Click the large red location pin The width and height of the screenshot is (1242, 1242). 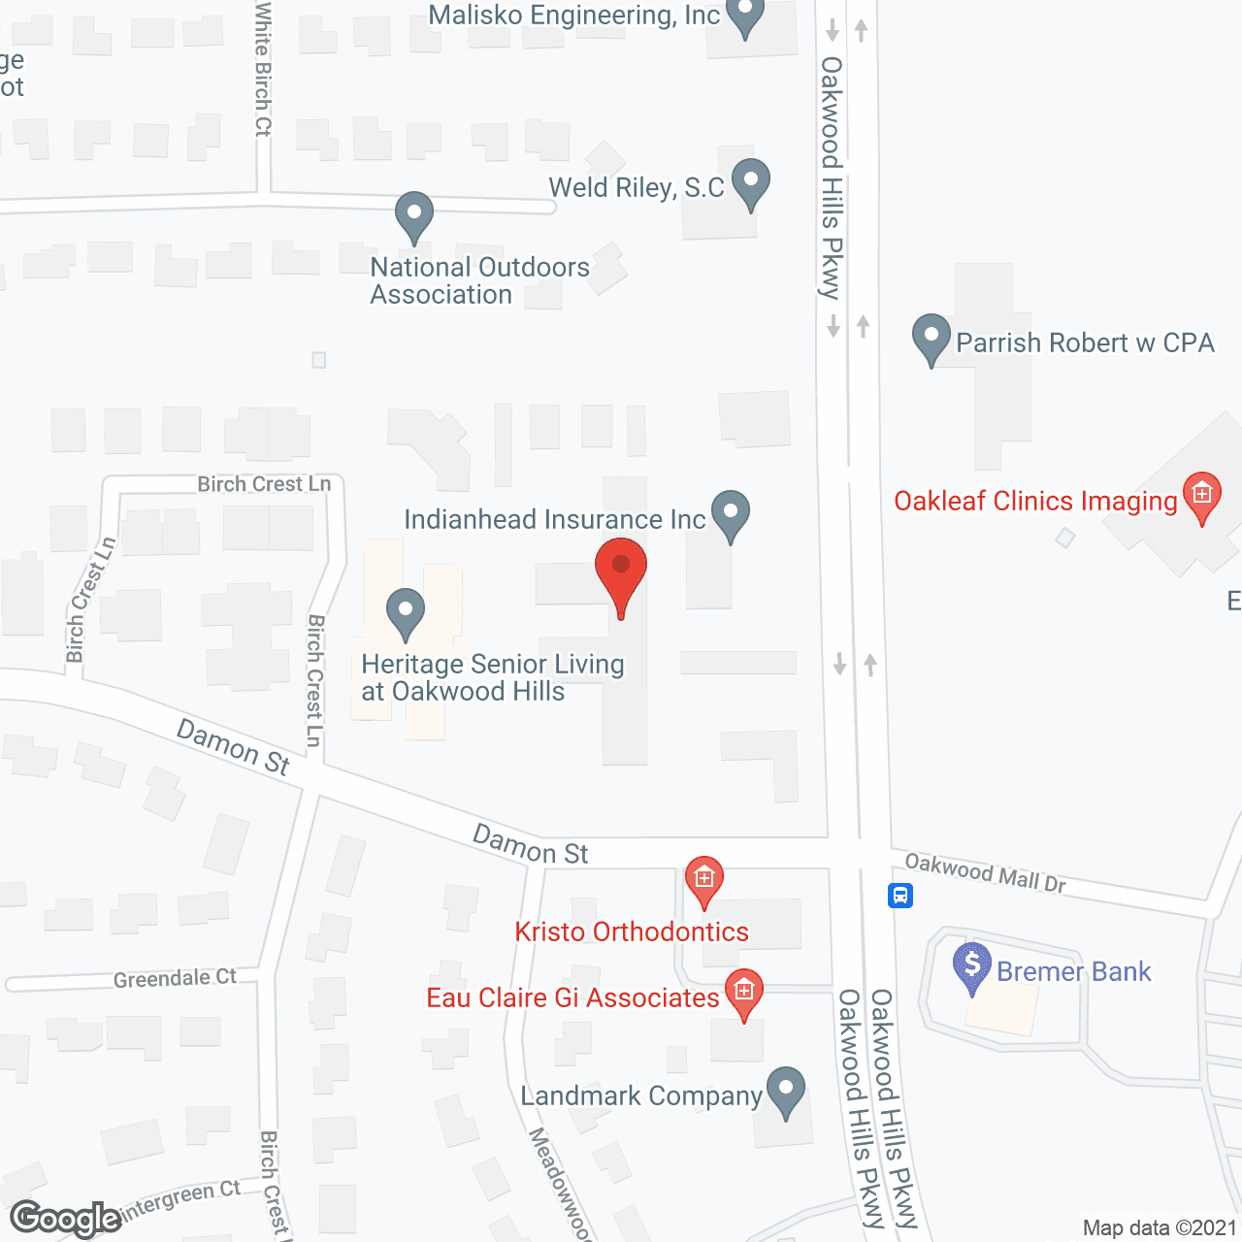click(x=621, y=572)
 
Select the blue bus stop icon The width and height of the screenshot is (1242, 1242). click(x=900, y=895)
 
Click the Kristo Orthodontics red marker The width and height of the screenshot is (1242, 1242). click(x=704, y=879)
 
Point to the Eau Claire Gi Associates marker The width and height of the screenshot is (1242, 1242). click(x=744, y=992)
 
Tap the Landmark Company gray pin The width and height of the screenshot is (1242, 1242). click(x=786, y=1091)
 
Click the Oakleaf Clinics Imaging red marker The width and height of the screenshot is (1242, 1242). click(x=1202, y=495)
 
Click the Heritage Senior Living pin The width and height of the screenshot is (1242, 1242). click(x=406, y=612)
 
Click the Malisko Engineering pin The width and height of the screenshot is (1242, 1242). click(x=745, y=16)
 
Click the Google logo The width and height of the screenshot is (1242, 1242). click(x=66, y=1219)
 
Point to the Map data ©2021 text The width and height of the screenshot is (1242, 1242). click(x=1160, y=1228)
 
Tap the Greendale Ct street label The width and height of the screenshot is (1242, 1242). click(x=175, y=978)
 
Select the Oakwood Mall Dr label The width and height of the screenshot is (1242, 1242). click(x=985, y=871)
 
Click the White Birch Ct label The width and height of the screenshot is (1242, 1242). click(x=263, y=68)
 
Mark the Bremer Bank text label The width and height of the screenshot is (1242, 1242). click(x=1073, y=971)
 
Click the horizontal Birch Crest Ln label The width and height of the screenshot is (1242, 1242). click(x=264, y=483)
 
